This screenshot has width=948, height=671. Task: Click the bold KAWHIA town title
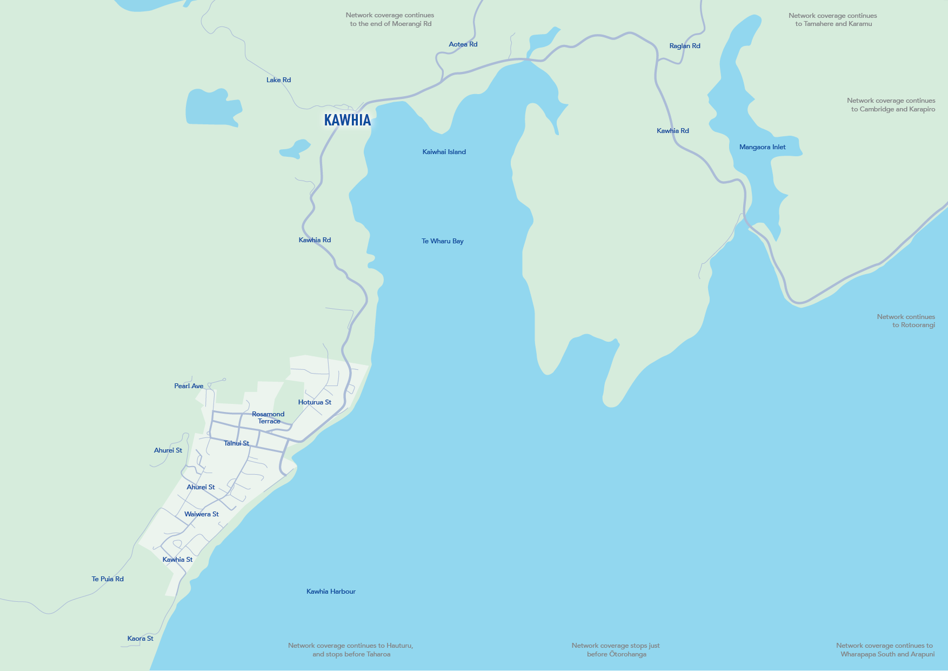click(x=348, y=120)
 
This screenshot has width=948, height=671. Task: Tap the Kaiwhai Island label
click(x=444, y=152)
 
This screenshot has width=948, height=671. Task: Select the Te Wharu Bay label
click(x=442, y=241)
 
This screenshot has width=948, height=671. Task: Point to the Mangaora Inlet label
click(x=762, y=147)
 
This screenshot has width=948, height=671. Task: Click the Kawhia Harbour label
click(x=331, y=592)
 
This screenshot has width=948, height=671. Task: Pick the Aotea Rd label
click(x=463, y=44)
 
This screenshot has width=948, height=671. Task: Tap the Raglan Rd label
click(x=684, y=46)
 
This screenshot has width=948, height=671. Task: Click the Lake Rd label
click(x=278, y=80)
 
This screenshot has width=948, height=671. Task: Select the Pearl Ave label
click(x=189, y=386)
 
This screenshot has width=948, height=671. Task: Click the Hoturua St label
click(x=315, y=402)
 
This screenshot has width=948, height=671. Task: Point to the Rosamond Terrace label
click(x=268, y=417)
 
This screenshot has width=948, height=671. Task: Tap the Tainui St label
click(x=236, y=443)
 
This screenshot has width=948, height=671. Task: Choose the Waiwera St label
click(x=201, y=514)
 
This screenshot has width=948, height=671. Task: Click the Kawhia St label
click(x=177, y=560)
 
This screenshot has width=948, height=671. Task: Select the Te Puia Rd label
click(x=108, y=579)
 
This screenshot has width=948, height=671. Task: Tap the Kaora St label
click(x=140, y=639)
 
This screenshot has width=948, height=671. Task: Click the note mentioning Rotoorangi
click(x=906, y=321)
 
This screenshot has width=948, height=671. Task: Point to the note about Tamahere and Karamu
click(x=833, y=19)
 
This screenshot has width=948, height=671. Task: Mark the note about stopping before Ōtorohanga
click(x=616, y=650)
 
